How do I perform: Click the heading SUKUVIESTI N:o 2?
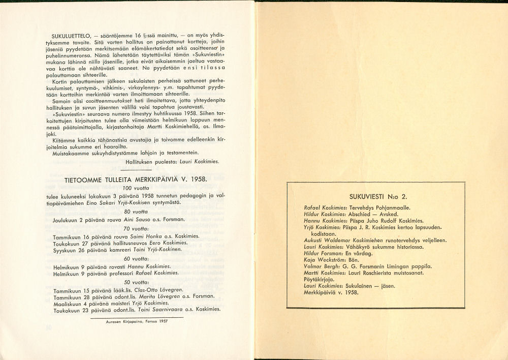[x=375, y=196]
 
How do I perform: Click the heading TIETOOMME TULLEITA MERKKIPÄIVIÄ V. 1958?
[x=135, y=179]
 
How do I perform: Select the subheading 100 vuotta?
[x=135, y=188]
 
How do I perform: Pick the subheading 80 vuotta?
[x=135, y=211]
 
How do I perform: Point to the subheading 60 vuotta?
[x=135, y=258]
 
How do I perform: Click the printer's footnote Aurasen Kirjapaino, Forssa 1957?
[x=137, y=321]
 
